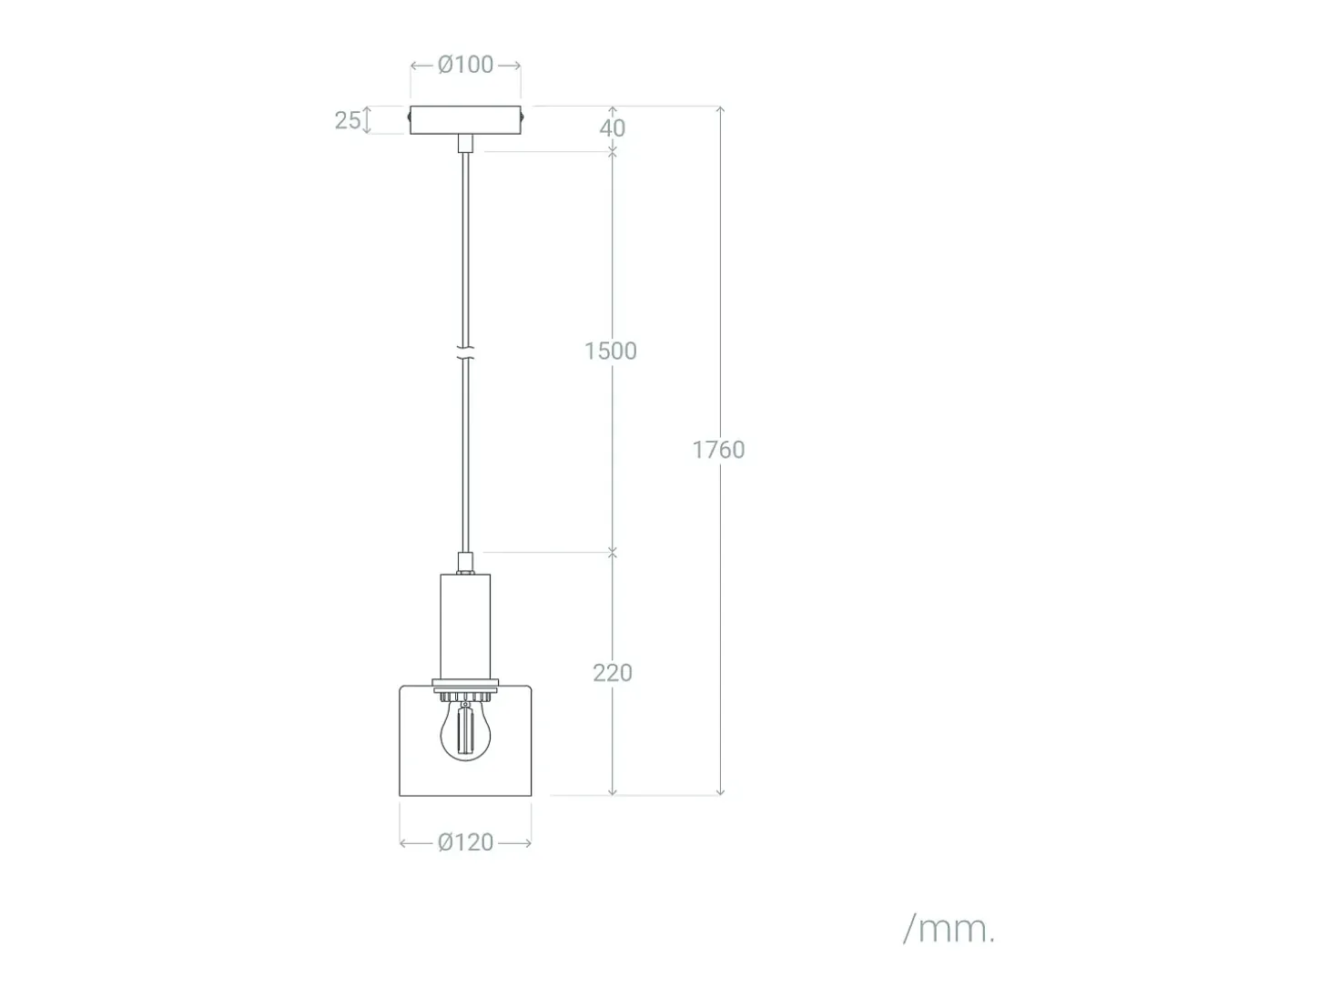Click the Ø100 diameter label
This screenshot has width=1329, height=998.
click(x=465, y=65)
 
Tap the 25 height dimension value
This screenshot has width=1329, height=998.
click(x=348, y=120)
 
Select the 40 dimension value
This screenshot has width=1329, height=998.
click(x=612, y=128)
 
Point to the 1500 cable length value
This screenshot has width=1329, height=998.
click(x=610, y=351)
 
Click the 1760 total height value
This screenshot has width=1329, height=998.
click(x=719, y=450)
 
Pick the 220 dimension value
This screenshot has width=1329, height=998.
click(x=613, y=673)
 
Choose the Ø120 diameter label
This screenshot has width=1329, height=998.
click(x=465, y=842)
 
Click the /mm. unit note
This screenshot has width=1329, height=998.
click(x=949, y=929)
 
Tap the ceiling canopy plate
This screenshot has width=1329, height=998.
click(x=465, y=120)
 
